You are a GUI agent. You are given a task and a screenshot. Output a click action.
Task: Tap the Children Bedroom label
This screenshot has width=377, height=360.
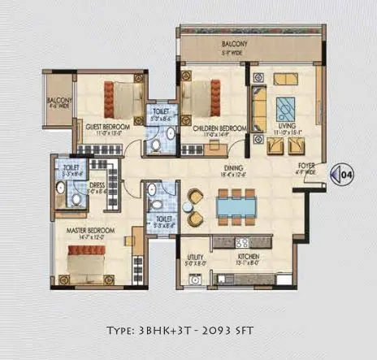[x=214, y=128]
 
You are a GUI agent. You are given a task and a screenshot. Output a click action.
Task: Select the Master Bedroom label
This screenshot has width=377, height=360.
[x=91, y=231]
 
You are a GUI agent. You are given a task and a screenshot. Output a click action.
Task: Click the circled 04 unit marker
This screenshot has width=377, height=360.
[x=344, y=172]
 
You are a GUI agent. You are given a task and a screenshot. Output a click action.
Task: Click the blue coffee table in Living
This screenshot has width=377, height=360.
[x=286, y=108]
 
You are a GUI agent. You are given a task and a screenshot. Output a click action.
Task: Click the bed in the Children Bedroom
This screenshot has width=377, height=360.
[x=202, y=94]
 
